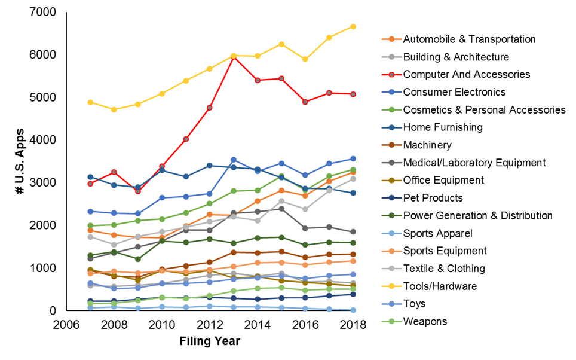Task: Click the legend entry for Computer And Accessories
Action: tap(466, 75)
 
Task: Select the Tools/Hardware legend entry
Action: tap(440, 286)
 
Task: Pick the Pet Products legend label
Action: tap(433, 198)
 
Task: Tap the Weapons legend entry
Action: tap(425, 322)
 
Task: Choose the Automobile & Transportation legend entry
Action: tap(469, 39)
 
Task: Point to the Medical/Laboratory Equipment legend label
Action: tap(474, 163)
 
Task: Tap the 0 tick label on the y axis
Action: tap(52, 311)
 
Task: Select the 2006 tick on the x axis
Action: tap(68, 325)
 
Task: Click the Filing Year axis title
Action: tap(210, 342)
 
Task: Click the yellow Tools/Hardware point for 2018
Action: tap(353, 26)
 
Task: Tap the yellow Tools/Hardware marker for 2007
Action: tap(90, 102)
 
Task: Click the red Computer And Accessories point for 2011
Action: tap(186, 139)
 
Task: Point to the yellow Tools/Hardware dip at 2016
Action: tap(305, 59)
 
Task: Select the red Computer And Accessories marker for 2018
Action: tap(353, 94)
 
